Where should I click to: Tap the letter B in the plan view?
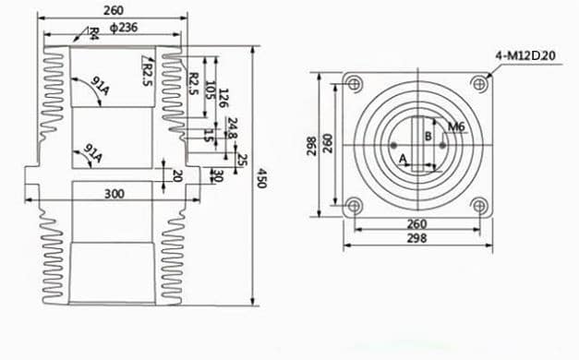point(427,136)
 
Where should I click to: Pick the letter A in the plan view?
point(404,159)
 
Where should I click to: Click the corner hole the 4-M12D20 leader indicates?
point(477,84)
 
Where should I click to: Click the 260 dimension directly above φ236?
point(115,12)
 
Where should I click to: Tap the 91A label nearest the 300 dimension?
point(93,151)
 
